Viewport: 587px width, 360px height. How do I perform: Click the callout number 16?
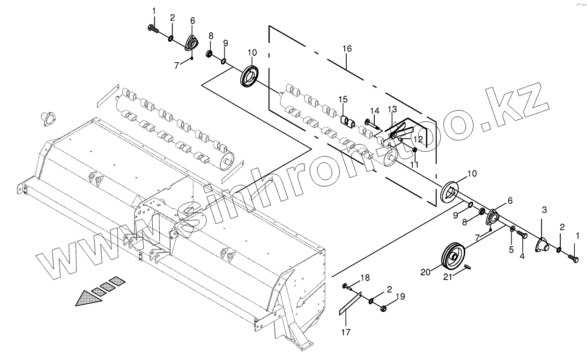[x=347, y=49]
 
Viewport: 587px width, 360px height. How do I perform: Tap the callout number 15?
[x=343, y=99]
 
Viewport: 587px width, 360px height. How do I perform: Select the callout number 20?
[x=424, y=272]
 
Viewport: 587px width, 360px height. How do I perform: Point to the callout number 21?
[x=448, y=277]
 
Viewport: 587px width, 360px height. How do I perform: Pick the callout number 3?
[x=544, y=210]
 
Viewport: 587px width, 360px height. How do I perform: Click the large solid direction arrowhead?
[x=89, y=298]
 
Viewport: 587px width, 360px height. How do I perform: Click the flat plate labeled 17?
[x=350, y=304]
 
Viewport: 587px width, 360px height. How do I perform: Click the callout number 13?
[x=392, y=109]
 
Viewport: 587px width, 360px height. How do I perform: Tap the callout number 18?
[x=364, y=278]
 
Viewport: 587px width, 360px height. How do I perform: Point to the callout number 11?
[x=414, y=165]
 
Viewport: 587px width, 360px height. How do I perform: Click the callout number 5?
[x=511, y=250]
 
